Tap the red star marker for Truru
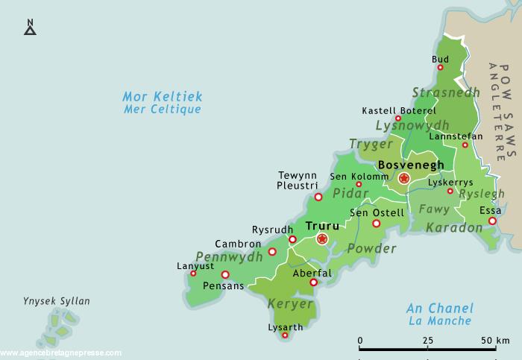322,239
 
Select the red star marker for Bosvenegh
403,178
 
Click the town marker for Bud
440,68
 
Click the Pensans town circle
225,274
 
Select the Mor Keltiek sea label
162,97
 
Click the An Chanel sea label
439,309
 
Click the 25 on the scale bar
428,340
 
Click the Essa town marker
492,221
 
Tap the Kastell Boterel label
397,110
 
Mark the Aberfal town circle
314,282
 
